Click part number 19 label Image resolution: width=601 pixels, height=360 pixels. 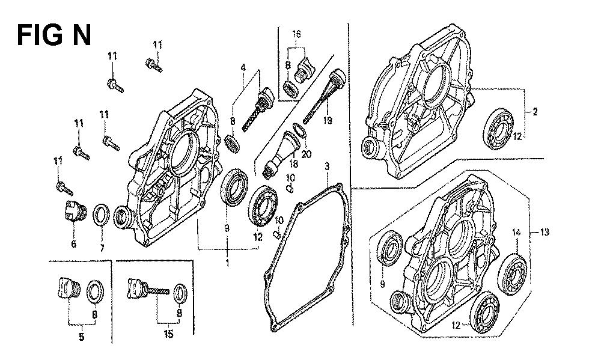(x=328, y=120)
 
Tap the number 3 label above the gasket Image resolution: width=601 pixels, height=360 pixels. (x=327, y=166)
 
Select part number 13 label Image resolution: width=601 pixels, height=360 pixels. (x=545, y=232)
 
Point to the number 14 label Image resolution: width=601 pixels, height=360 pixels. (x=516, y=232)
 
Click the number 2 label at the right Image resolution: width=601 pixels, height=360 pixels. (x=535, y=112)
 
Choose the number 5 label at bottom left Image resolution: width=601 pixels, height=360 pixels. (x=81, y=337)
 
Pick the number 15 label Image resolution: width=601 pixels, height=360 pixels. (x=169, y=334)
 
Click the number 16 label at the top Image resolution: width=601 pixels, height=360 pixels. (x=296, y=34)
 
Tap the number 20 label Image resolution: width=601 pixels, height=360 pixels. (x=307, y=154)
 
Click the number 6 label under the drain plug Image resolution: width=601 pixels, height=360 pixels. (x=73, y=243)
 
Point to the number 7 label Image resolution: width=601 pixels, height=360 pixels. (x=102, y=248)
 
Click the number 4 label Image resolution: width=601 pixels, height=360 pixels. (x=243, y=67)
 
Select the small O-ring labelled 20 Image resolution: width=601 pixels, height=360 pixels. (x=299, y=130)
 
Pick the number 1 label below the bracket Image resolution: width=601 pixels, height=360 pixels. (x=227, y=263)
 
